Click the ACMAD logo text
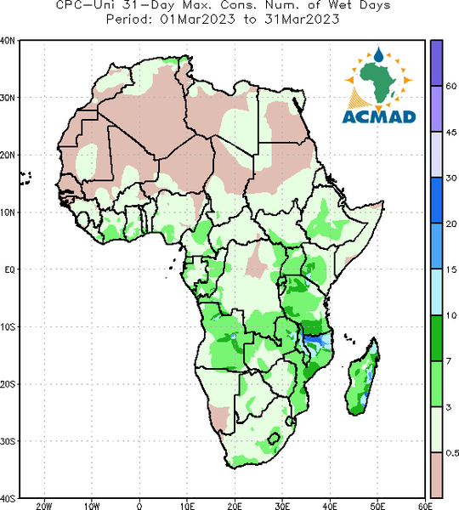pyautogui.click(x=379, y=116)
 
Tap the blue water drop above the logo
pyautogui.click(x=378, y=54)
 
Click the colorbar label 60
pyautogui.click(x=451, y=86)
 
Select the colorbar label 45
pyautogui.click(x=451, y=133)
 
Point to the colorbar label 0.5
pyautogui.click(x=452, y=453)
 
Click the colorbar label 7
pyautogui.click(x=449, y=361)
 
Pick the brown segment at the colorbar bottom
pyautogui.click(x=436, y=474)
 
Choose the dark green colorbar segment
pyautogui.click(x=436, y=338)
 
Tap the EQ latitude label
pyautogui.click(x=9, y=269)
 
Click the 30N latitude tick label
pyautogui.click(x=8, y=98)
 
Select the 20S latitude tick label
pyautogui.click(x=8, y=384)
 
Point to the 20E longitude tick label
pyautogui.click(x=235, y=506)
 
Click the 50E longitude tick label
pyautogui.click(x=377, y=506)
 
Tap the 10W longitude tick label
pyautogui.click(x=92, y=506)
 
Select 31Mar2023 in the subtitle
pyautogui.click(x=302, y=20)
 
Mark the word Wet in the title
pyautogui.click(x=340, y=5)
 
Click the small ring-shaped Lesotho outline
pyautogui.click(x=274, y=439)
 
